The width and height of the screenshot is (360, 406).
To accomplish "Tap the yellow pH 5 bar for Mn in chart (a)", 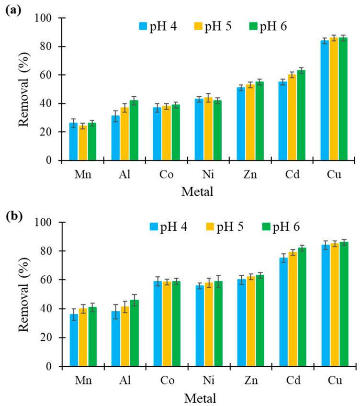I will pos(82,143).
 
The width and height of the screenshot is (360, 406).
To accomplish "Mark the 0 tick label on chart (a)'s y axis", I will pos(49,160).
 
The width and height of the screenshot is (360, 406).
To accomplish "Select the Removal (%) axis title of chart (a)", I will pos(25,90).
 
